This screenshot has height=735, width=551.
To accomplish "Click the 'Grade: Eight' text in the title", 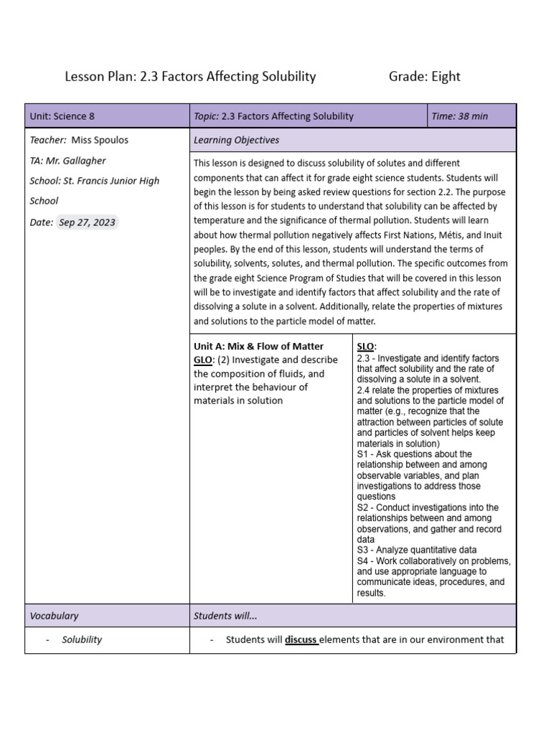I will click(424, 76).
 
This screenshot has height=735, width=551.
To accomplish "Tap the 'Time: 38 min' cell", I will click(459, 116).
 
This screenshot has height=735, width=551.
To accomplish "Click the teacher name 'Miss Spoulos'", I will click(100, 140).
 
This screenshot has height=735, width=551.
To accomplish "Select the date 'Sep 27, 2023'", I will click(87, 223).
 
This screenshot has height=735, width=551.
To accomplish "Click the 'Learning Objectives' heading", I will click(236, 140).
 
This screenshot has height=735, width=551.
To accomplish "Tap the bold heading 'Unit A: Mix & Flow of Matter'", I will click(258, 347).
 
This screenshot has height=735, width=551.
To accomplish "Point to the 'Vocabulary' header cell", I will click(54, 616).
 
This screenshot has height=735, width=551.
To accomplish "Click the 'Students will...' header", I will click(225, 616).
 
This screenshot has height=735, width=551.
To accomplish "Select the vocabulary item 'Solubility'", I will click(82, 640).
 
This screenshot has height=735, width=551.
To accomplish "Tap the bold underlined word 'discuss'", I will click(301, 640).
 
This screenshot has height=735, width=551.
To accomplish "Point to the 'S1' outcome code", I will click(362, 454).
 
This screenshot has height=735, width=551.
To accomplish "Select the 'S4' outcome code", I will click(362, 561).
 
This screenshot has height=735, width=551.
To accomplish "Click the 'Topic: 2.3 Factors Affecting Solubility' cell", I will click(273, 116).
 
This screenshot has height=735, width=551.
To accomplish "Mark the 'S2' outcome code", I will click(362, 507).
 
